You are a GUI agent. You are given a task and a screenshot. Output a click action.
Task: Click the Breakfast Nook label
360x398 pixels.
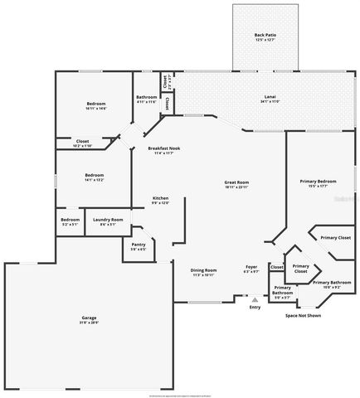tap(163, 148)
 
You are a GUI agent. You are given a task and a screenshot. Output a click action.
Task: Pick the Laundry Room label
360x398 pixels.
tap(111, 221)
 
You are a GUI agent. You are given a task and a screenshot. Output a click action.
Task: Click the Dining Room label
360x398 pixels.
tap(203, 270)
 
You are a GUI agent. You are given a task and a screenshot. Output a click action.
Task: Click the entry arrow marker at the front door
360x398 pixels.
tap(254, 298)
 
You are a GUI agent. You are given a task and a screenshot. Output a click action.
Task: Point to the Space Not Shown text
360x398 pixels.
tap(303, 315)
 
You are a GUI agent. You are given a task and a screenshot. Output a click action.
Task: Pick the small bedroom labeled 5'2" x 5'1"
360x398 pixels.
tap(70, 221)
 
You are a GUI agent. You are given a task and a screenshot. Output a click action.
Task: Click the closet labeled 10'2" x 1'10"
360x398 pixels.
tap(83, 143)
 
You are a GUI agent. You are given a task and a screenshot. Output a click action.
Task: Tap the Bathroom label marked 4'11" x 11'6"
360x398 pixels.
tap(147, 99)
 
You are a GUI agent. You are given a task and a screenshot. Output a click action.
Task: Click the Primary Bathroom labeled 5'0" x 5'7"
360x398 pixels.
tap(283, 291)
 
